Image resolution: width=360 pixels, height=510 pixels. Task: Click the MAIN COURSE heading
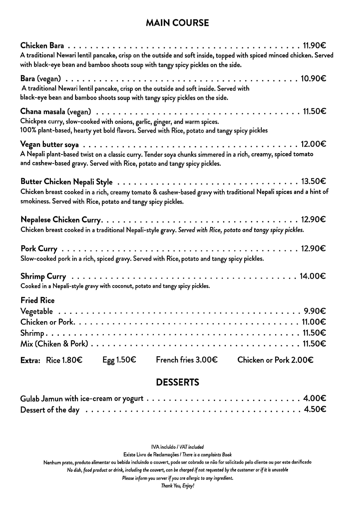(x=177, y=23)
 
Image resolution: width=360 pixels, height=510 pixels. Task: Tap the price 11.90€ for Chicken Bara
(x=314, y=46)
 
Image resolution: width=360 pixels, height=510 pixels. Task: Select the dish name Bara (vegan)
(x=41, y=79)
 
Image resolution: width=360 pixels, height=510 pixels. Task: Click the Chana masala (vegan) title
(x=55, y=112)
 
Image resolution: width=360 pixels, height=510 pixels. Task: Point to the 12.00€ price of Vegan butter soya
(x=313, y=144)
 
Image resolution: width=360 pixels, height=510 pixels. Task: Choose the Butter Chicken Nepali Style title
(x=66, y=182)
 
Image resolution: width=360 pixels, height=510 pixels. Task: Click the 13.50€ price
(x=314, y=182)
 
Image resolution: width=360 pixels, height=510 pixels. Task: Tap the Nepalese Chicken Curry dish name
(x=61, y=220)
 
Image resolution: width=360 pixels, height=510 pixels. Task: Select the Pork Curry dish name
(x=39, y=249)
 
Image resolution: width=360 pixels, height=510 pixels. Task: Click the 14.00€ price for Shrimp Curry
(x=313, y=276)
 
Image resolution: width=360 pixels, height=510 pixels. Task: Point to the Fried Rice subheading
(x=37, y=300)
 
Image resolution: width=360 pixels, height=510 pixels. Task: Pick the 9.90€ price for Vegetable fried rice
(x=315, y=311)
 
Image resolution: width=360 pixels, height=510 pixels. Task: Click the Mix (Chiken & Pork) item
(x=54, y=344)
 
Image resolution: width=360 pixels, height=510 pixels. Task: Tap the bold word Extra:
(x=30, y=361)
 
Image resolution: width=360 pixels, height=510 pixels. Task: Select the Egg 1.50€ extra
(x=119, y=360)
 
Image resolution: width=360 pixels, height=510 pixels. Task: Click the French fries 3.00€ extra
(x=187, y=360)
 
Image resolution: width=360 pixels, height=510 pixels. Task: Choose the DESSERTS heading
(x=177, y=382)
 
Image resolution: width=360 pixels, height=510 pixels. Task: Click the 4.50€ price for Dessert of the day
(x=315, y=409)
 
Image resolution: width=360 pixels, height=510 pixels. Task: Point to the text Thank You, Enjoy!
(x=177, y=486)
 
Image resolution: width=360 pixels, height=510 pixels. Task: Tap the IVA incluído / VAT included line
(x=177, y=447)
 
